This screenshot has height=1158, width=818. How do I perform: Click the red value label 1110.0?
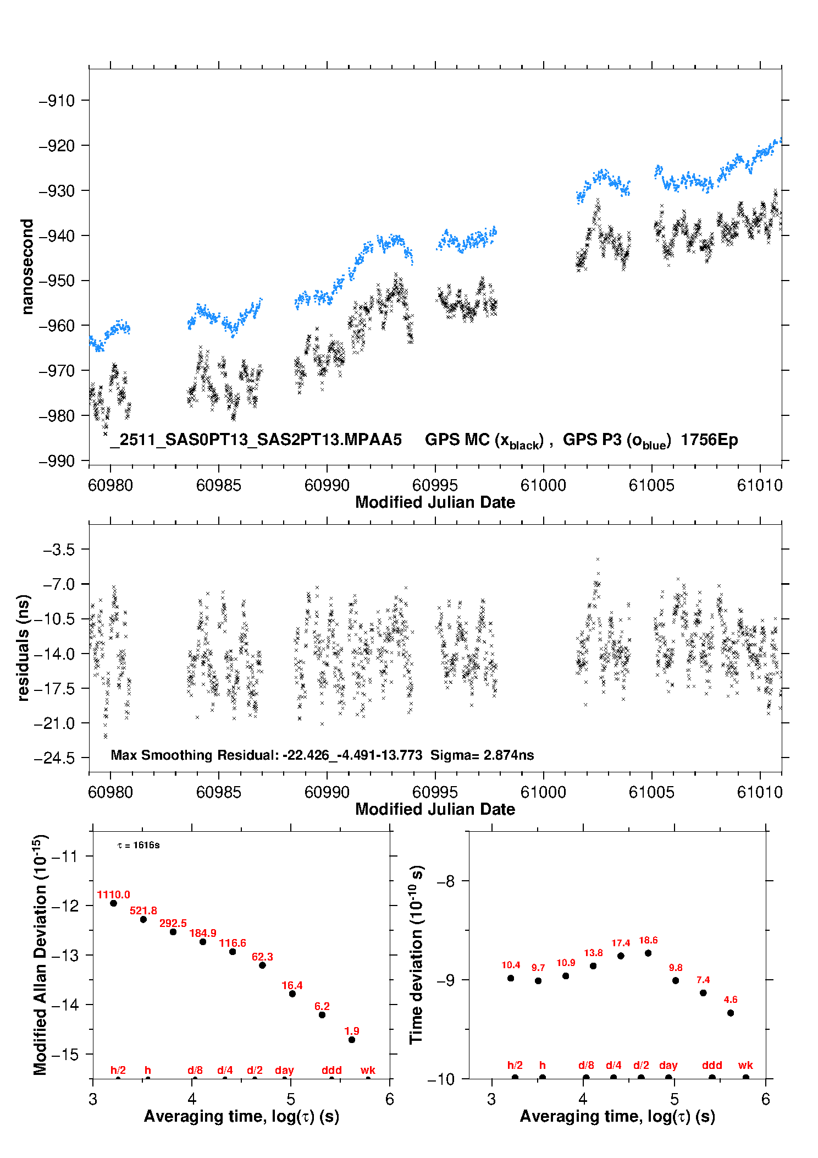pos(113,894)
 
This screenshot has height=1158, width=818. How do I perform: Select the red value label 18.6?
pos(648,940)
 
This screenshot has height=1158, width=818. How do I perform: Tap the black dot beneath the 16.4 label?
pos(292,994)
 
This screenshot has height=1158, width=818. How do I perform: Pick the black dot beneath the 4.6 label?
pos(731,1013)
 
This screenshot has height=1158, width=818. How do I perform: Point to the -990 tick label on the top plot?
pos(57,461)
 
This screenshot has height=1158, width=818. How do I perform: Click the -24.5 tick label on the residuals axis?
pos(54,758)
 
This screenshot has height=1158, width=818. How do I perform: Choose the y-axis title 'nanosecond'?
pos(27,266)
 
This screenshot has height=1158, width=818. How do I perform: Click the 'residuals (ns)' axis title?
pos(23,647)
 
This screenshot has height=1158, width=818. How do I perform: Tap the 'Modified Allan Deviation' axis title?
pos(40,954)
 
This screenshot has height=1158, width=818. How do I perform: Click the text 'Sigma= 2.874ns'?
pos(482,755)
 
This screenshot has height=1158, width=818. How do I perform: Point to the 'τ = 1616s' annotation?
pos(139,845)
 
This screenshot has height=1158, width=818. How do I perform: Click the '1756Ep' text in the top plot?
pos(709,440)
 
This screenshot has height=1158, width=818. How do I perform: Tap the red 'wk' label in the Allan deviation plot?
pos(368,1070)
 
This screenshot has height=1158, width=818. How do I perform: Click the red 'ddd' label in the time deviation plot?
pos(712,1065)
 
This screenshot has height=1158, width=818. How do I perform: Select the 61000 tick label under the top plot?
pos(543,485)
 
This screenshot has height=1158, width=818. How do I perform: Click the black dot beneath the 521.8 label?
pos(143,919)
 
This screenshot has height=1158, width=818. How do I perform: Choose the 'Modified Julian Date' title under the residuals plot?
pos(435,809)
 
